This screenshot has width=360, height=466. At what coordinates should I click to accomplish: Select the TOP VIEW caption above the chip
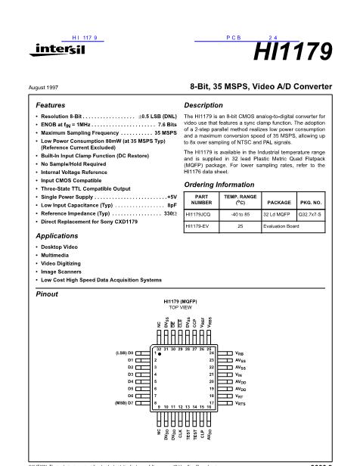[181, 308]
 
